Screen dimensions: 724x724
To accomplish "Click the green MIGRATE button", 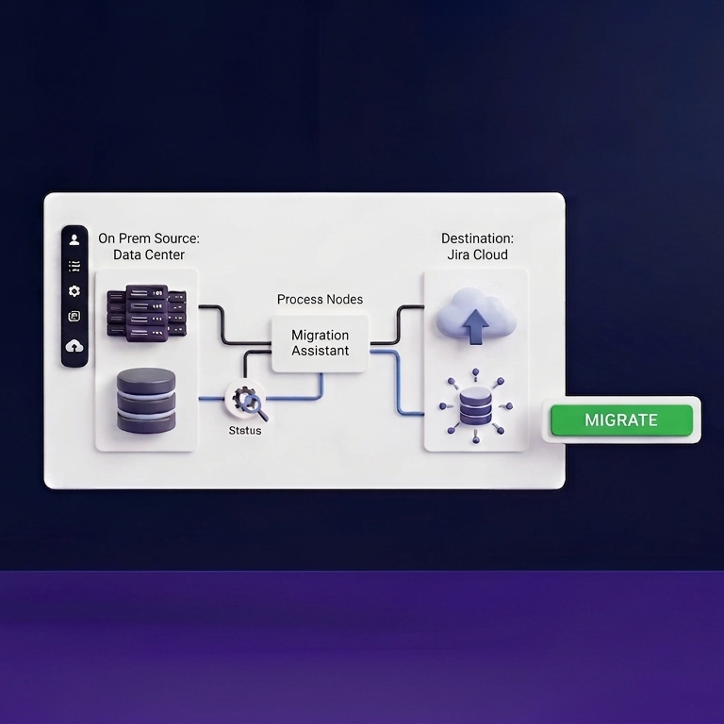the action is point(621,420).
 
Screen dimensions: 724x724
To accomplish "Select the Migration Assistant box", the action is point(320,343).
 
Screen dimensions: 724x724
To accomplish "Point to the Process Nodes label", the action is point(320,299).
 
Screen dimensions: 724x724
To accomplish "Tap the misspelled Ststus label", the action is point(245,430).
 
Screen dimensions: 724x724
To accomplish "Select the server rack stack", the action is point(147,313).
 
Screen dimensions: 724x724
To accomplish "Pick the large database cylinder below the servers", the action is point(146,401).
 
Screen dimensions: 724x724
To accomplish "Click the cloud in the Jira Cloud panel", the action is point(476,315).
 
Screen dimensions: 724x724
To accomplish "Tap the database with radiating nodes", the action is point(475,406).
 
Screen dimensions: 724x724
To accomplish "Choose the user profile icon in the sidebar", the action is point(74,239).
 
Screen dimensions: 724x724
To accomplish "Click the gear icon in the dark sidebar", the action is point(74,291).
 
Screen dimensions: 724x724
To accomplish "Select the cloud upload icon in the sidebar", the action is point(74,345).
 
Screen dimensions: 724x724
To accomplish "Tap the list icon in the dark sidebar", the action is point(74,266).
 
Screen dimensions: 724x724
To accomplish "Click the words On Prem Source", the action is point(149,239).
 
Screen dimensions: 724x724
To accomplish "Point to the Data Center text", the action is point(149,255).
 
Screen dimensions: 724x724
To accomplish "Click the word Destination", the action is point(477,239).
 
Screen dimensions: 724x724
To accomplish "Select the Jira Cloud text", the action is point(477,255).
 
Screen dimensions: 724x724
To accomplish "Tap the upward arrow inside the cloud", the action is point(475,326).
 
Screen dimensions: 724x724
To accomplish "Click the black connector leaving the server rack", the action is point(223,324).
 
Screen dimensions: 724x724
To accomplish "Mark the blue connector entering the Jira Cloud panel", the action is point(398,383).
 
